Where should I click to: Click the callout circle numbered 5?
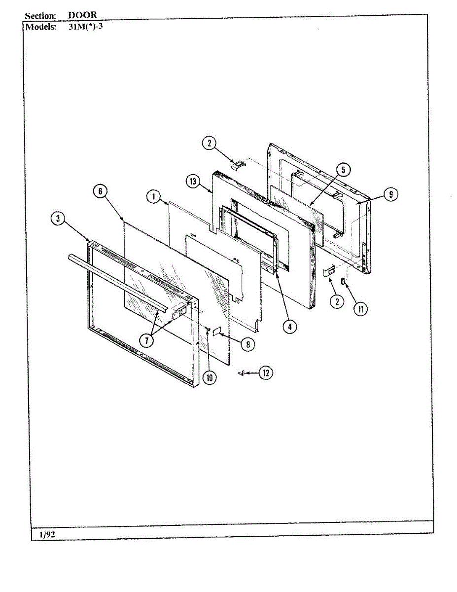click(343, 170)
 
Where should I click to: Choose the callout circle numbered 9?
click(390, 194)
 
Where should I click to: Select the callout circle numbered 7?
click(146, 340)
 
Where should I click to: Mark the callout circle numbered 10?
click(210, 378)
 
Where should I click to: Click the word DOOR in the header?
click(82, 15)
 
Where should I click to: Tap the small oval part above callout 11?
click(343, 281)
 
